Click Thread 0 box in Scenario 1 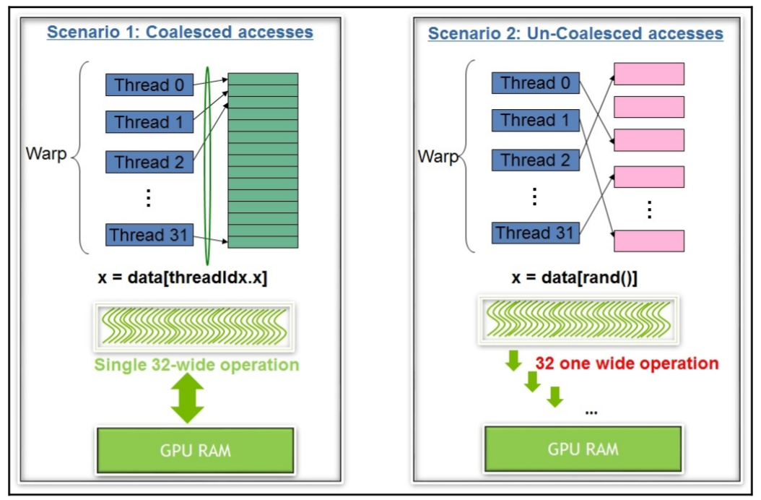point(149,85)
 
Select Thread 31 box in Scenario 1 point(149,235)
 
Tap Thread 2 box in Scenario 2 point(535,160)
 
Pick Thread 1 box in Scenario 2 point(535,120)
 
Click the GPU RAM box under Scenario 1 point(195,449)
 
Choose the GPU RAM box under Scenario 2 point(582,448)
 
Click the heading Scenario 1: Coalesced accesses point(180,33)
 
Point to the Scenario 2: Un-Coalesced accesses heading point(575,34)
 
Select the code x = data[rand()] point(574,277)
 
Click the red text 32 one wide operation point(627,363)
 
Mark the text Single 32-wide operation point(196,364)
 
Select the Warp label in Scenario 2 point(437,155)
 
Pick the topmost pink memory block point(648,74)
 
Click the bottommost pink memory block point(648,241)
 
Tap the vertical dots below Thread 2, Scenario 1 point(148,197)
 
